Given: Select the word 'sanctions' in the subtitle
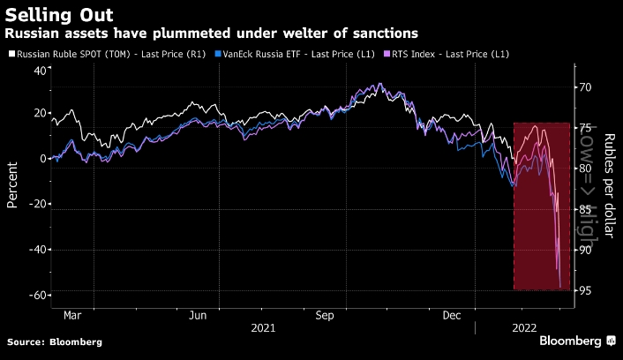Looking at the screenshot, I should point(385,34).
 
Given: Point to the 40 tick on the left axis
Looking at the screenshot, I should point(40,70).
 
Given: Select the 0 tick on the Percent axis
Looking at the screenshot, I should point(43,160).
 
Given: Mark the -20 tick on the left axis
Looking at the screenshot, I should point(37,205).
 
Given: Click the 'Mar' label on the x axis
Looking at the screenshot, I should point(72,314).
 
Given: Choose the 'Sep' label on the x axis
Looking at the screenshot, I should point(325,314).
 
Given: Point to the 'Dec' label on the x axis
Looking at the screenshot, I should point(452,314).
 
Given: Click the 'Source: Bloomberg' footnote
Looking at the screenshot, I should point(55,341).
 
